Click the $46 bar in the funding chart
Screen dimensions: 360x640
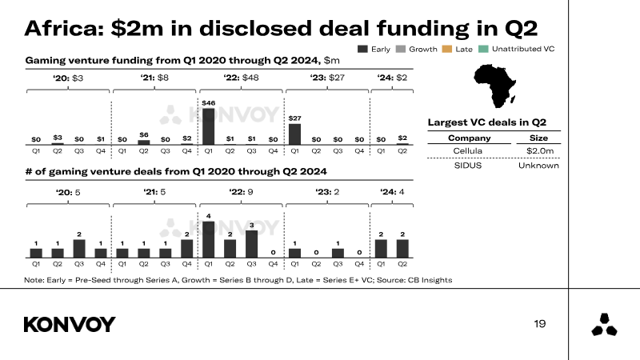point(208,126)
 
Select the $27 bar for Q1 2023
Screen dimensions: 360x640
point(294,134)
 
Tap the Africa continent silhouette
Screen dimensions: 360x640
point(498,85)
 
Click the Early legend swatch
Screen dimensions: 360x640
point(362,49)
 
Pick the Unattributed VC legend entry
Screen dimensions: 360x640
point(517,49)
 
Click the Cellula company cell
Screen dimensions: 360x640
point(469,150)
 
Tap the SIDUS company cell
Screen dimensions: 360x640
point(469,166)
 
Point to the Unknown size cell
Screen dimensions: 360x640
point(538,166)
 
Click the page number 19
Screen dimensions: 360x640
point(540,323)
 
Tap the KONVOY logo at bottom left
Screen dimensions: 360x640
point(70,324)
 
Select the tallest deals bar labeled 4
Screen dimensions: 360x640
point(208,238)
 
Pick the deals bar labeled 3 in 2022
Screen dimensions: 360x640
point(251,243)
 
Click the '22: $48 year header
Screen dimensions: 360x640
point(241,78)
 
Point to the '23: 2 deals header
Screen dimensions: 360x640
point(327,192)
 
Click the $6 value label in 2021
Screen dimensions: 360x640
point(144,134)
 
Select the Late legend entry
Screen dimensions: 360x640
point(458,49)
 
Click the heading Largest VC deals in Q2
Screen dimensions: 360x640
point(486,122)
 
